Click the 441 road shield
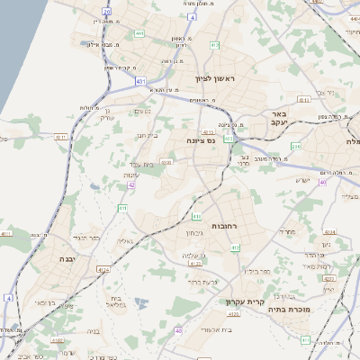point(139,33)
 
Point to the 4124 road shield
point(103,269)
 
